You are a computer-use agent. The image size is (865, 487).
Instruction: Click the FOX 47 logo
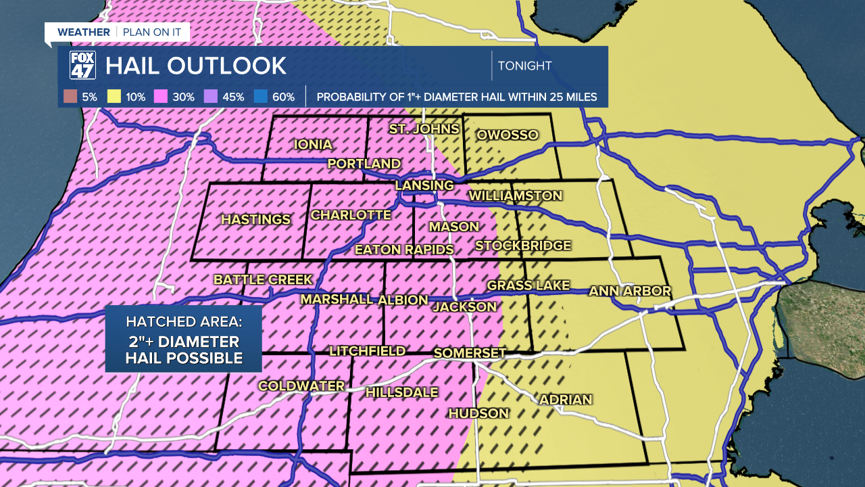82,66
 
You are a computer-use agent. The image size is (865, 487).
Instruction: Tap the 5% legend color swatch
70,97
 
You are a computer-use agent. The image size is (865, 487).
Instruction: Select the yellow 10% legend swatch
113,97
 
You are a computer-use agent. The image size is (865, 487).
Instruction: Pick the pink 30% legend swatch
160,97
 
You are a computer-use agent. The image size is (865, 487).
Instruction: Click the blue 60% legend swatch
260,97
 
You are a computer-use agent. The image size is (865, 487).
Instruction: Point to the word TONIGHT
524,66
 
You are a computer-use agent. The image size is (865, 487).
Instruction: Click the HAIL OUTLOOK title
196,66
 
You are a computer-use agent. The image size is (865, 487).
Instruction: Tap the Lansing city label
424,185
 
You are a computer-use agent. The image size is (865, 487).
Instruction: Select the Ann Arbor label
630,291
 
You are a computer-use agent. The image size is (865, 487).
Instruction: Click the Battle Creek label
263,279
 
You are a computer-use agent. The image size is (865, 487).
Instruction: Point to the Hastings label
255,219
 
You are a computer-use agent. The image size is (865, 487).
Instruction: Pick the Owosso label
507,135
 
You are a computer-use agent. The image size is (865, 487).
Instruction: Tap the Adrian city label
566,400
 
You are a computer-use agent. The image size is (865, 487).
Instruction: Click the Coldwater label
301,386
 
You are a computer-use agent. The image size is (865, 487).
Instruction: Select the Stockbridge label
523,246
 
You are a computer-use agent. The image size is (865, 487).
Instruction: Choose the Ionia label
313,144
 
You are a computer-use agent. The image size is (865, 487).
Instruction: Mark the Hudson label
478,413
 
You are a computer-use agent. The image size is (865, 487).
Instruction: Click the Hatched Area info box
183,339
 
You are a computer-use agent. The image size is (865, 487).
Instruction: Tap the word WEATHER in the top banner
83,32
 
